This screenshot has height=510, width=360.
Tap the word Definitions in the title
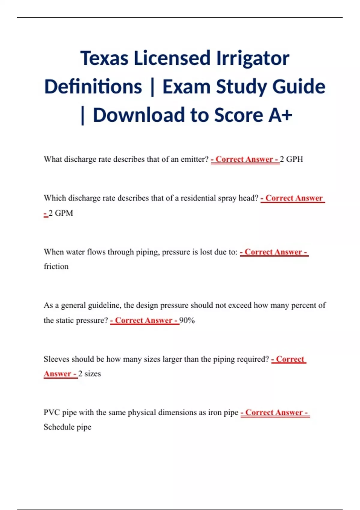[x=93, y=87]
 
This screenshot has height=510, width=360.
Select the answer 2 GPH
[x=291, y=159]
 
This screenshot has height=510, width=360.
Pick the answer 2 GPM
[x=61, y=213]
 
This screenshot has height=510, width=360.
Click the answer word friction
[x=56, y=266]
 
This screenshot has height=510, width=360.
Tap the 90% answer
[x=187, y=320]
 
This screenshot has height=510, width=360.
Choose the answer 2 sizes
[x=89, y=374]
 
